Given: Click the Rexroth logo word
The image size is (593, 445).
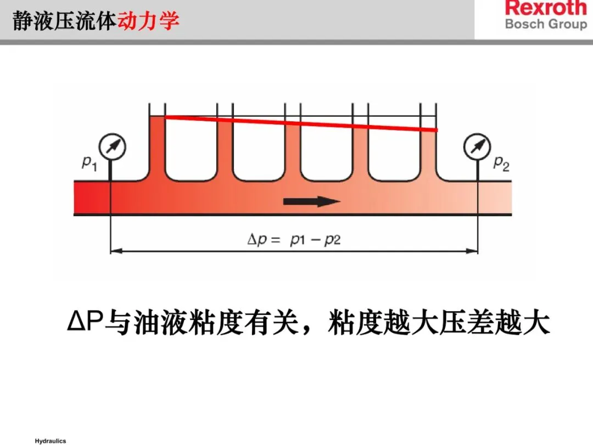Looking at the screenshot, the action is pos(546,8).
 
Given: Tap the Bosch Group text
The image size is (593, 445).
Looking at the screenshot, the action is pos(546,24).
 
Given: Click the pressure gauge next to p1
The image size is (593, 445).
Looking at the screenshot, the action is pos(112,147).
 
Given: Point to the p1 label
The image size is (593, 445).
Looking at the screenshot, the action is pos(89,163).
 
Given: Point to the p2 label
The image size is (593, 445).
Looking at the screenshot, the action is pos(501,163).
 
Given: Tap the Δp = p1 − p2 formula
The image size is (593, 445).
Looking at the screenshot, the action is pos(294,240).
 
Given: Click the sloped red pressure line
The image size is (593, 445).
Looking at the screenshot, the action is pos(301,123).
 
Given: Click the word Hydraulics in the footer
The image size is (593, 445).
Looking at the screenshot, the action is pos(50,441).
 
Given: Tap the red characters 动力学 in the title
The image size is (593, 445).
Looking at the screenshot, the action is pos(148,21).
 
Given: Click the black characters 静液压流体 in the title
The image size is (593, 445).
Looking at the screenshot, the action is pos(65,21).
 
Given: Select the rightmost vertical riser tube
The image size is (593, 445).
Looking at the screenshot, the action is pos(428,148).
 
